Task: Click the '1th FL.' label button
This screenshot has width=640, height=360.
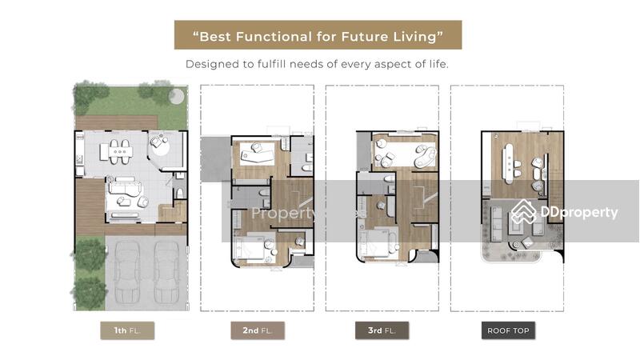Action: tap(127, 330)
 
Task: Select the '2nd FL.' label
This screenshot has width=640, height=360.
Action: tap(258, 330)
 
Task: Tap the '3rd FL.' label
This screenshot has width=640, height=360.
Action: tap(382, 330)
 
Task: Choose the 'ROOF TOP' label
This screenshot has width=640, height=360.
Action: tap(508, 330)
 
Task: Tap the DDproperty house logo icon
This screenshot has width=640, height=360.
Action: tap(524, 212)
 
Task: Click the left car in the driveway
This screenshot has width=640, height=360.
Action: tap(127, 271)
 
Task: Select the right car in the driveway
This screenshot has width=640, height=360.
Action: tap(166, 271)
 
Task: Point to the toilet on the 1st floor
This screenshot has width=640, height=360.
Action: tap(179, 193)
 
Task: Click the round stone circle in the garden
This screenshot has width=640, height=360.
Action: tap(176, 96)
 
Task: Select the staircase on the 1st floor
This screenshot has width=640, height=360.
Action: tap(172, 212)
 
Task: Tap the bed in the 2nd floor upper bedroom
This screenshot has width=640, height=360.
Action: tap(257, 155)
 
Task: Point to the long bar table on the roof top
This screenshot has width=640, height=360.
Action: tap(509, 164)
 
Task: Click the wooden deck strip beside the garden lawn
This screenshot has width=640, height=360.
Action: tap(117, 122)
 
